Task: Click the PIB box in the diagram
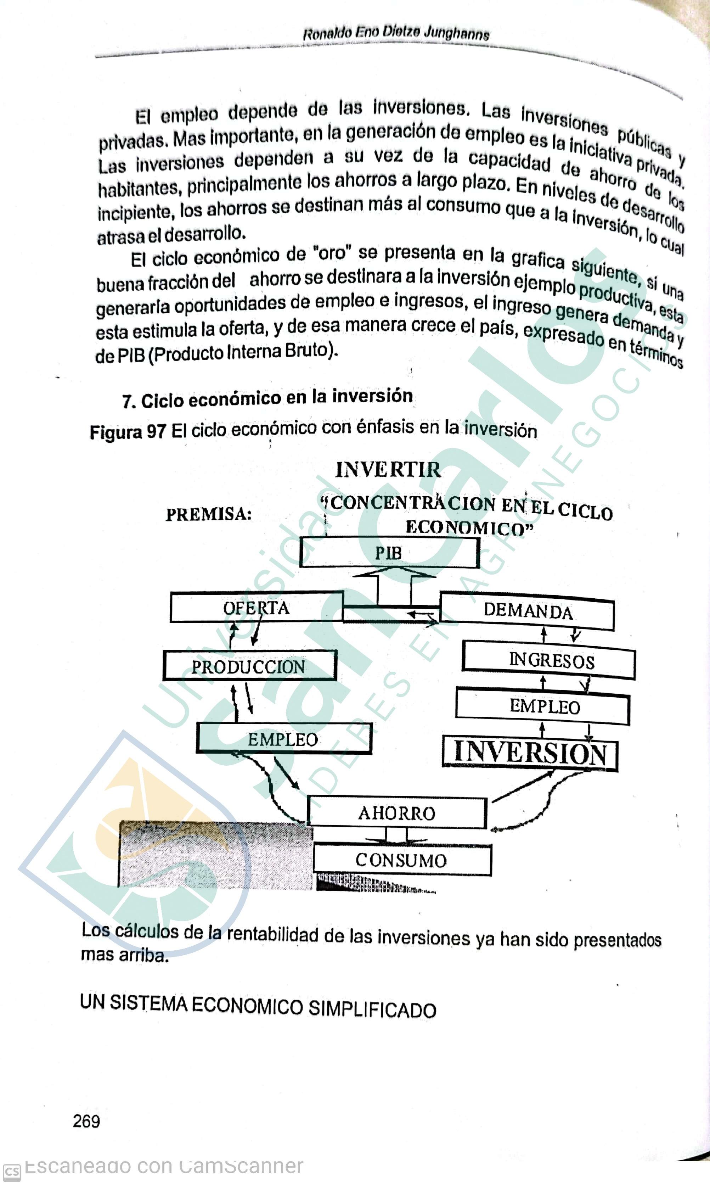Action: click(x=389, y=553)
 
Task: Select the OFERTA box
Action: click(x=257, y=607)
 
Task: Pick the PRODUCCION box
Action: click(x=249, y=666)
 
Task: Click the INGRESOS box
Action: click(x=549, y=661)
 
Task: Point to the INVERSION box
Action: click(x=530, y=753)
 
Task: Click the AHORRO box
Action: click(x=396, y=813)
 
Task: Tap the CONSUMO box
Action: click(x=402, y=860)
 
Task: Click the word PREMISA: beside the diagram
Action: click(x=209, y=514)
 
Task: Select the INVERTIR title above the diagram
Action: click(x=388, y=470)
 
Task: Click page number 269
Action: click(x=86, y=1121)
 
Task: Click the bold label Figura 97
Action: click(x=128, y=432)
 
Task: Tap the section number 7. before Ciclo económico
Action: click(x=128, y=401)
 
